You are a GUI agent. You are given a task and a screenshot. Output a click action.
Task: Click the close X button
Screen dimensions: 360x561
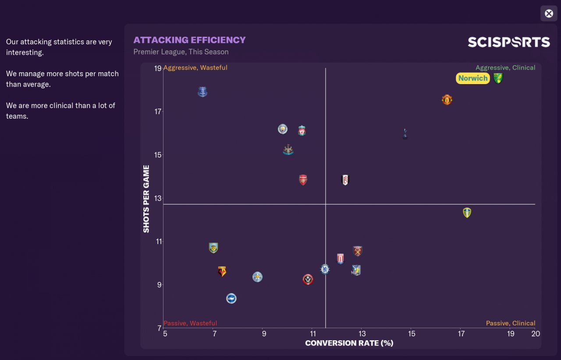pyautogui.click(x=549, y=14)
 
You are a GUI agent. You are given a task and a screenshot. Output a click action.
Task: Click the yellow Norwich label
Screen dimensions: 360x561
pyautogui.click(x=473, y=78)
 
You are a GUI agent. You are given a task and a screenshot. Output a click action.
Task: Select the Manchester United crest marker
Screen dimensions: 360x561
pyautogui.click(x=447, y=100)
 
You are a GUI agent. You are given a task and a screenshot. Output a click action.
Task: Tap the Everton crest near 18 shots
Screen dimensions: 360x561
pyautogui.click(x=202, y=92)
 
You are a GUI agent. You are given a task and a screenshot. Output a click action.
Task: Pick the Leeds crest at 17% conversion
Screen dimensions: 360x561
pyautogui.click(x=467, y=213)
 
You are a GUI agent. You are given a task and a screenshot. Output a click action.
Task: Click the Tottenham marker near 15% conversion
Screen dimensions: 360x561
pyautogui.click(x=405, y=134)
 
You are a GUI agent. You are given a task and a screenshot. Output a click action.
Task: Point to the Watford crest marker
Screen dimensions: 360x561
pyautogui.click(x=222, y=272)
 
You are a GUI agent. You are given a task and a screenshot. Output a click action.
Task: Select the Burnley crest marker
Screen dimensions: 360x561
pyautogui.click(x=213, y=248)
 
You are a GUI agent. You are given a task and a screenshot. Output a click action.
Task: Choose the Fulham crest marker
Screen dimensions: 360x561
pyautogui.click(x=345, y=180)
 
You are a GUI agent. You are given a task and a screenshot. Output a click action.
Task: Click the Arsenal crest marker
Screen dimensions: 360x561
pyautogui.click(x=303, y=180)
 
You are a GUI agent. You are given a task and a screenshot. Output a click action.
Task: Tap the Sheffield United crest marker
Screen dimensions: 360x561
pyautogui.click(x=308, y=279)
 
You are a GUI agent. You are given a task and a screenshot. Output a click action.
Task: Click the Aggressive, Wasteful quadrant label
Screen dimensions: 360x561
pyautogui.click(x=195, y=68)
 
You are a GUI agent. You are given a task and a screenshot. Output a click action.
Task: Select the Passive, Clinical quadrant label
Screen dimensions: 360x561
pyautogui.click(x=511, y=323)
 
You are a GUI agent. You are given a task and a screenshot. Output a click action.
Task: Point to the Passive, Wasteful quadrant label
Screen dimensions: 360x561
pyautogui.click(x=190, y=323)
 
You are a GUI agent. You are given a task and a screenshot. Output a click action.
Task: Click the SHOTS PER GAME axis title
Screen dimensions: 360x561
pyautogui.click(x=146, y=199)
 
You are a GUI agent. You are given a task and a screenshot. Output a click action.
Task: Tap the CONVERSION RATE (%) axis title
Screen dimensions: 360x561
pyautogui.click(x=349, y=343)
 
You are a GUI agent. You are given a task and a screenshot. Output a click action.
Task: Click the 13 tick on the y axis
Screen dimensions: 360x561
pyautogui.click(x=157, y=198)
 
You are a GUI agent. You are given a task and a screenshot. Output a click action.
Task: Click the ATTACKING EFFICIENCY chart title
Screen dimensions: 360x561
pyautogui.click(x=189, y=40)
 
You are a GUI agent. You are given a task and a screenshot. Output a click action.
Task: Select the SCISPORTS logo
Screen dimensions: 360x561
pyautogui.click(x=508, y=42)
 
